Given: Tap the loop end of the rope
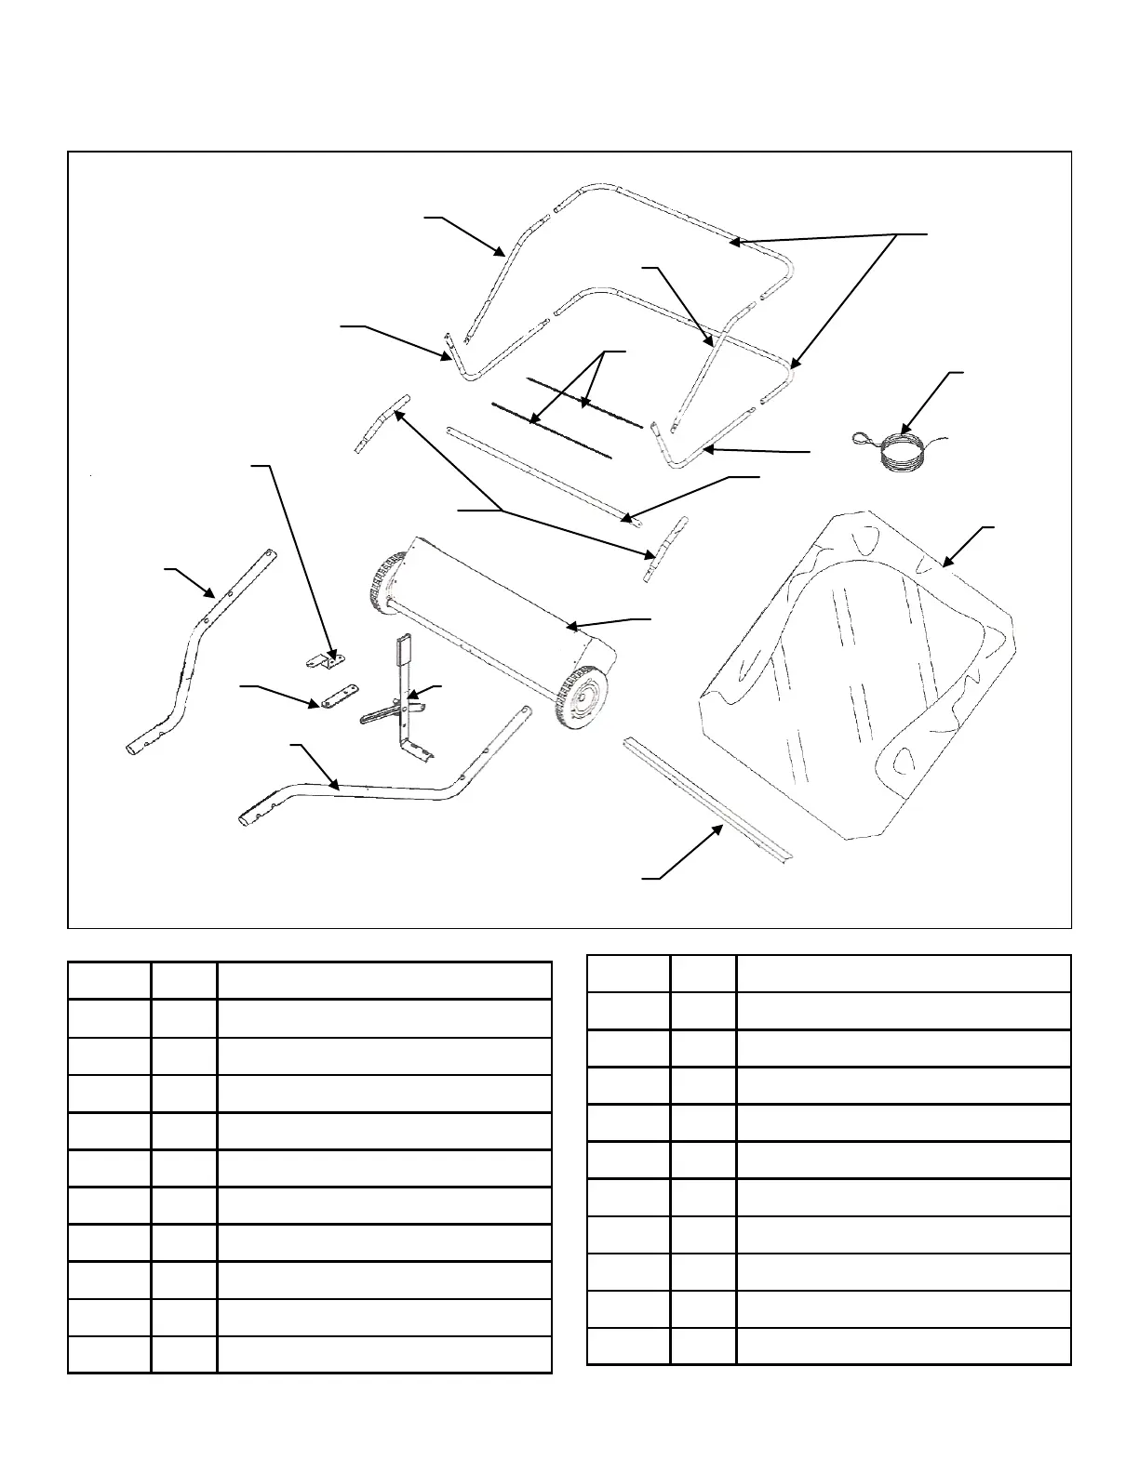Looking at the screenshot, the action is coord(864,438).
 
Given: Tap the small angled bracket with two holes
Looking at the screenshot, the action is coord(326,658).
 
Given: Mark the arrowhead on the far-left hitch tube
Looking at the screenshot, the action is coord(211,594).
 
